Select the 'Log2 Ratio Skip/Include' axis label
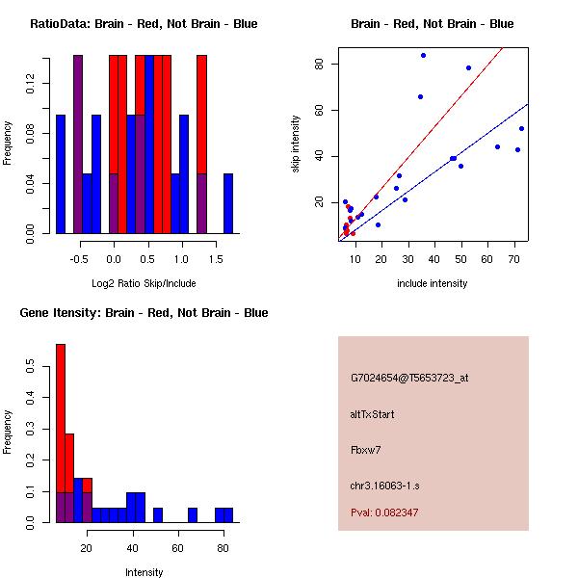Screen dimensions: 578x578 tap(143, 283)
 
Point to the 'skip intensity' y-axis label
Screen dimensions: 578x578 tap(297, 144)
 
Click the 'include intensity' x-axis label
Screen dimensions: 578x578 tap(432, 283)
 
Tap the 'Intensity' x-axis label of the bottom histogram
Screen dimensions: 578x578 tap(144, 572)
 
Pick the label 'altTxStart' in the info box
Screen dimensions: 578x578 tap(373, 414)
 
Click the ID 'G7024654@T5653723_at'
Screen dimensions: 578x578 tap(409, 379)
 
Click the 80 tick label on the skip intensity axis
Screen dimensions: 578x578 tap(317, 65)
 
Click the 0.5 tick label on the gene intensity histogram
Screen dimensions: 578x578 tap(33, 367)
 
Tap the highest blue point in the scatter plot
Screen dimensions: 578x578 tap(423, 55)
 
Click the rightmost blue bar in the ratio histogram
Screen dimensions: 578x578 tap(228, 203)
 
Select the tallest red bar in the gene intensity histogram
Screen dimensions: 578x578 tap(61, 433)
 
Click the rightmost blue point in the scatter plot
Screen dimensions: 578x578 tap(521, 128)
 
